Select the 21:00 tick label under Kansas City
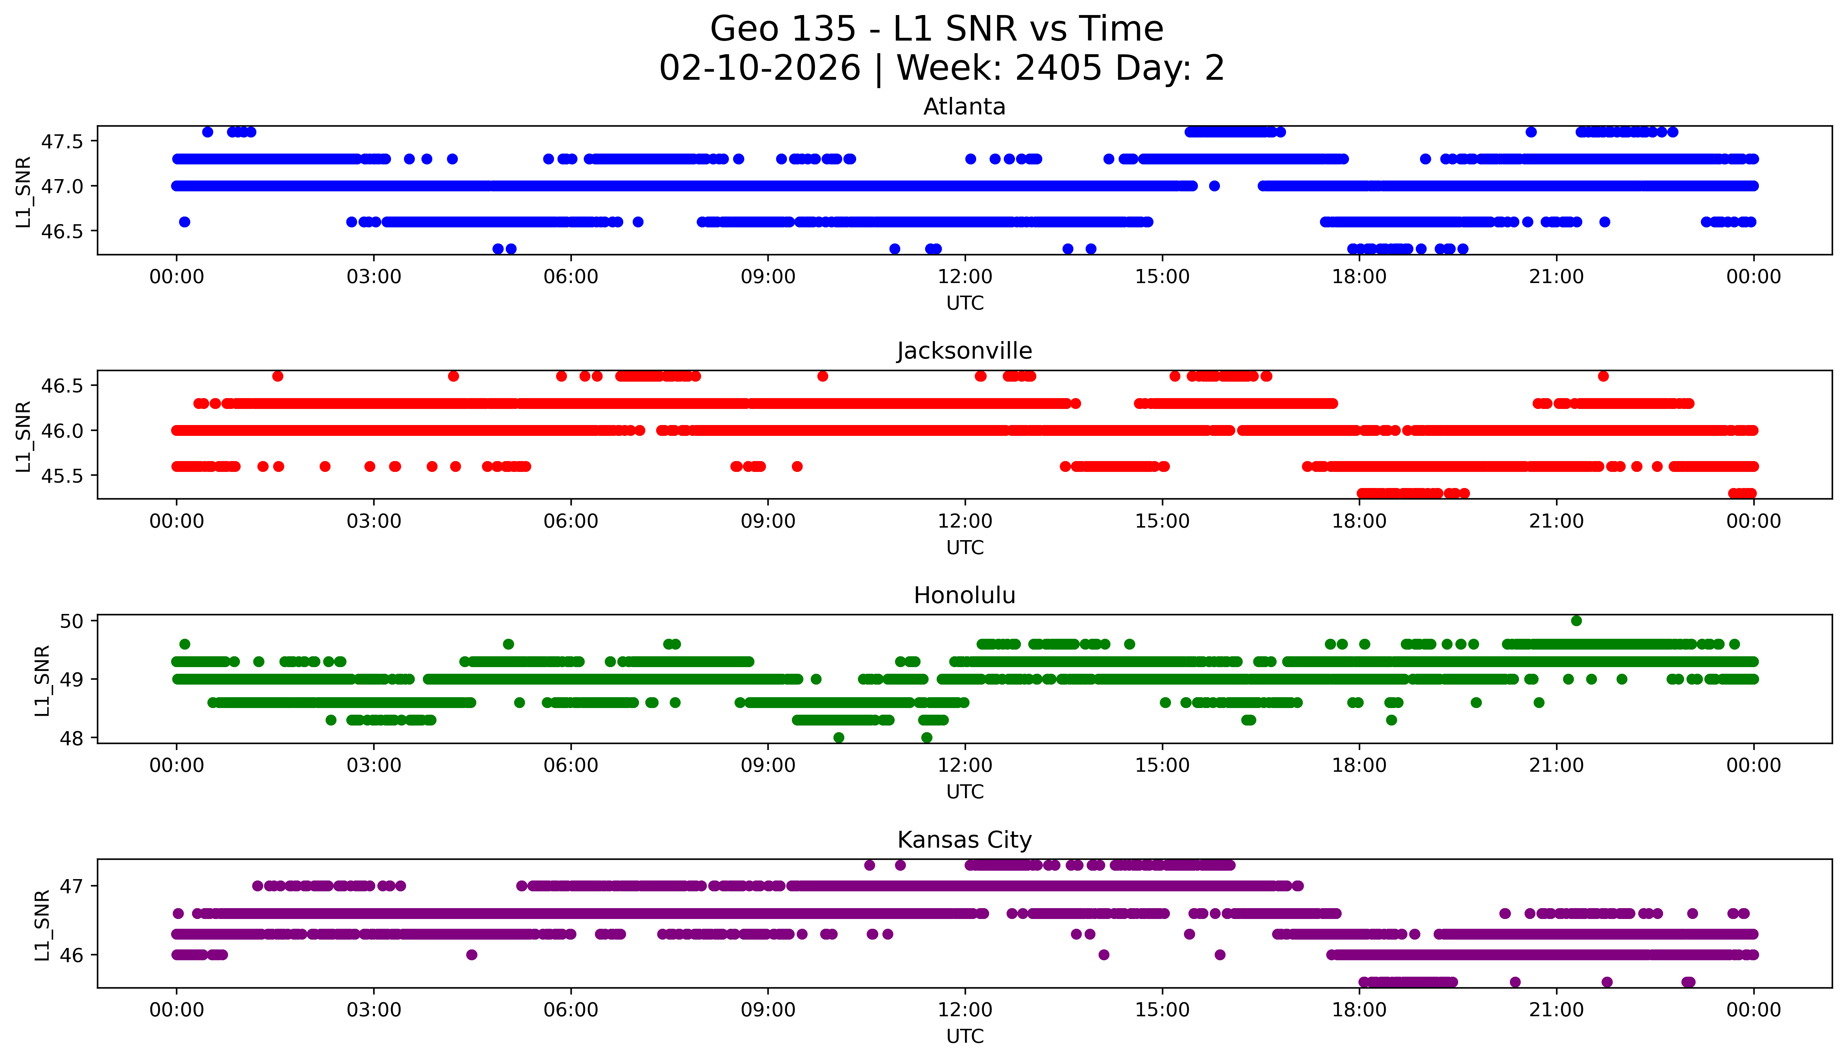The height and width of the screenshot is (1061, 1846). [1556, 1010]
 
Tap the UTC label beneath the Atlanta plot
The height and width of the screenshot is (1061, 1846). [965, 303]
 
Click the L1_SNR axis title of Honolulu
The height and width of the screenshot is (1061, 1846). [42, 680]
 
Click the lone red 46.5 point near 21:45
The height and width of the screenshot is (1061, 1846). [1603, 376]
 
